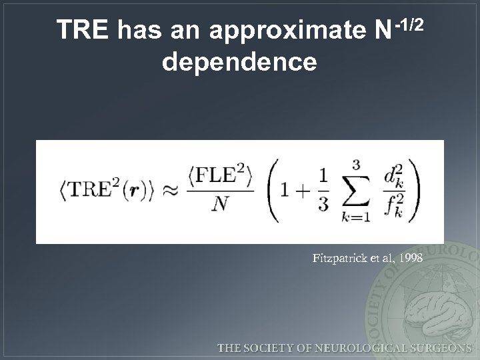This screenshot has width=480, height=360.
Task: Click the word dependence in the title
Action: (x=239, y=62)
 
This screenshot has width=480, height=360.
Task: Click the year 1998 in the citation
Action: (x=409, y=257)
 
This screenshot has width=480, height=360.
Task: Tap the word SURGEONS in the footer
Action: (x=438, y=347)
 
